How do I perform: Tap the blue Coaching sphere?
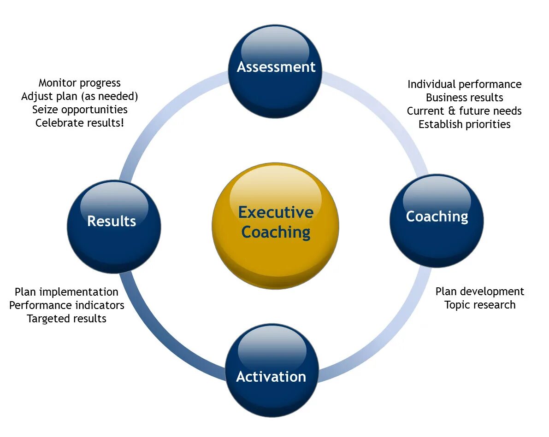pyautogui.click(x=437, y=220)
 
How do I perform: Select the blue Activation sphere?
pyautogui.click(x=272, y=371)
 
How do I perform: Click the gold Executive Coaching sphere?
pyautogui.click(x=276, y=226)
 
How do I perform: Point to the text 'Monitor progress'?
pyautogui.click(x=80, y=83)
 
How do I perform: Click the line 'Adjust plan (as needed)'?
pyautogui.click(x=80, y=96)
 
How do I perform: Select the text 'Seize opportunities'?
pyautogui.click(x=80, y=110)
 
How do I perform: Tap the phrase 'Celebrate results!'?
pyautogui.click(x=80, y=123)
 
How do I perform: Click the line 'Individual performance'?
pyautogui.click(x=464, y=84)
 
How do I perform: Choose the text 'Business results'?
pyautogui.click(x=464, y=98)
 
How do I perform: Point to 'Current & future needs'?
pyautogui.click(x=464, y=111)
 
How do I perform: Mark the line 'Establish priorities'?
pyautogui.click(x=464, y=124)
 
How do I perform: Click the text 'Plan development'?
pyautogui.click(x=480, y=291)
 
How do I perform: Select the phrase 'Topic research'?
pyautogui.click(x=480, y=305)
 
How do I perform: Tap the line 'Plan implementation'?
pyautogui.click(x=66, y=292)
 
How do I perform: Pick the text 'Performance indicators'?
pyautogui.click(x=66, y=305)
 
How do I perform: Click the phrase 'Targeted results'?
pyautogui.click(x=66, y=319)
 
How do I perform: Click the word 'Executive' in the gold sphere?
pyautogui.click(x=276, y=212)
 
